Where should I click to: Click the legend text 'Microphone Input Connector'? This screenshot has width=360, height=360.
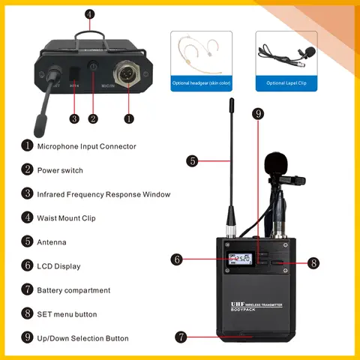pos(86,146)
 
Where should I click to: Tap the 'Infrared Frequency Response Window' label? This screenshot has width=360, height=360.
pos(103,194)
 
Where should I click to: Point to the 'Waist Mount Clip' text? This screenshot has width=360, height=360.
pos(67,218)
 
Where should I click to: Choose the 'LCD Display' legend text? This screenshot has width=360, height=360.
pos(58,266)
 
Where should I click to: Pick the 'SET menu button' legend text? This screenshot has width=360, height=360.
pos(67,314)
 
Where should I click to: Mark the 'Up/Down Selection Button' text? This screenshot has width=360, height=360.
pos(82,338)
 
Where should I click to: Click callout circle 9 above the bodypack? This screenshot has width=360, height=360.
pos(258,114)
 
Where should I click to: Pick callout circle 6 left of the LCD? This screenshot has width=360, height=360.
pos(177,259)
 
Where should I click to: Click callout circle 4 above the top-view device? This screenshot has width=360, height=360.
pos(90,14)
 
